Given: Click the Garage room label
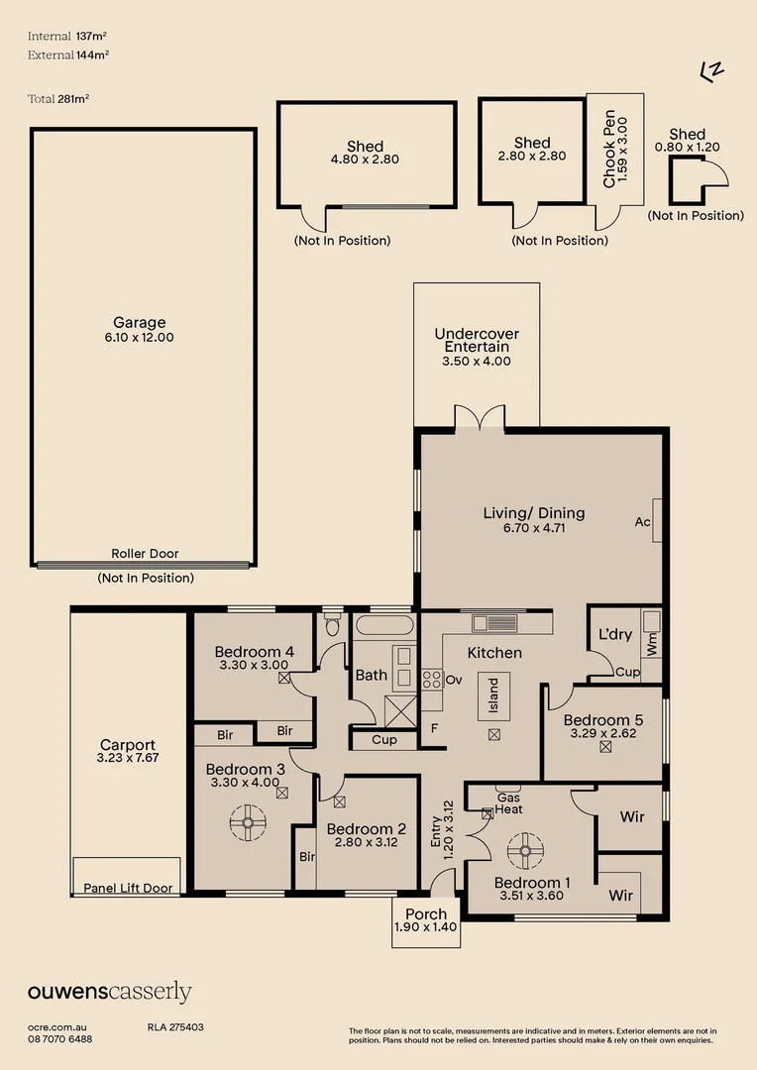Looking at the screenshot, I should tap(139, 322).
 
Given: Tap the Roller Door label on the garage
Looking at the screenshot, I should tap(145, 554).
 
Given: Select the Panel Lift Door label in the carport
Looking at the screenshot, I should tap(128, 888).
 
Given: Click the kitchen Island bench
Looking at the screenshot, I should tap(493, 697).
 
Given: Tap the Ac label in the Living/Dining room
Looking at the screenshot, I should tap(643, 522).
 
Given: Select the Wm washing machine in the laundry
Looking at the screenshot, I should tap(651, 642).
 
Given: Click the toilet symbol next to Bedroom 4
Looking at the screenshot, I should tap(333, 626).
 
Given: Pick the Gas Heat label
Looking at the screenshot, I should tap(509, 803).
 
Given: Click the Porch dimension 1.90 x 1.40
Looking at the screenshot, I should tap(426, 928).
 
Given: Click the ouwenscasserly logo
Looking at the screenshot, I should tap(109, 992).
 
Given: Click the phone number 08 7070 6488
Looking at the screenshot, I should tap(60, 1039).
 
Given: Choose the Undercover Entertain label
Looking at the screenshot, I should tap(477, 341).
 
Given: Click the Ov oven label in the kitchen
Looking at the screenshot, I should tap(455, 680).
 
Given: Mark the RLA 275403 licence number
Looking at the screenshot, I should tap(175, 1027).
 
